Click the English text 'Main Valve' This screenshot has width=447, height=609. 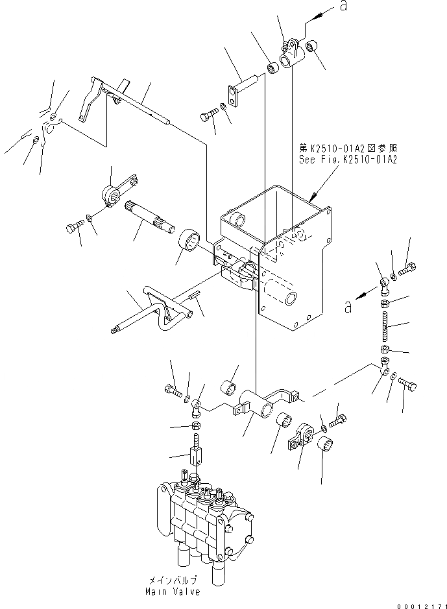[173, 591]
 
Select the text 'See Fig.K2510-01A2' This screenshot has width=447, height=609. [348, 158]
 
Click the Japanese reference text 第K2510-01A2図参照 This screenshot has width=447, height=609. [348, 148]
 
